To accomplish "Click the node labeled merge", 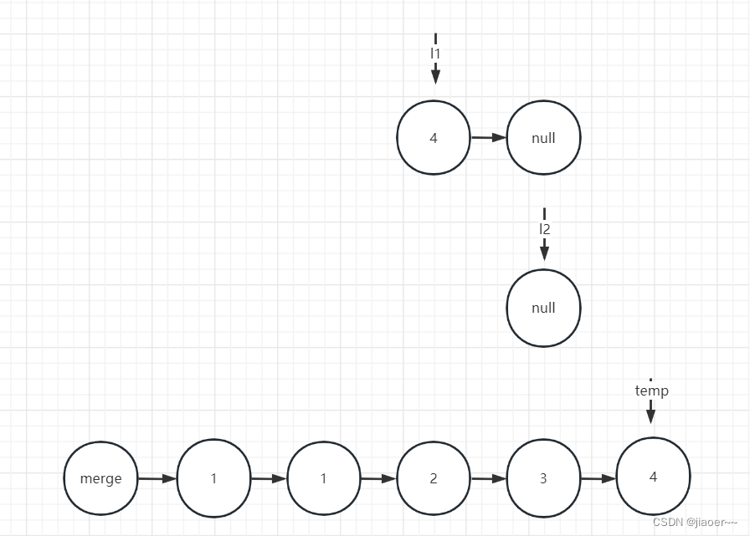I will point(101,478).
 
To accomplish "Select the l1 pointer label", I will point(435,53).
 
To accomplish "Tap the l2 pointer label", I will point(544,228).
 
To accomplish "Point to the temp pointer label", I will point(651,391).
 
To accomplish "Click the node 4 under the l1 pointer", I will point(434,138).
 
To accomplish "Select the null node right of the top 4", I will point(543,138).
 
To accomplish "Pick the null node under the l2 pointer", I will point(543,308).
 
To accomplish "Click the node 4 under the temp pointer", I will point(653,477).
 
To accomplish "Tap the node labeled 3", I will point(543,478).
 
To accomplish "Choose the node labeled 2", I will point(434,478).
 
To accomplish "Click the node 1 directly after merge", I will point(213,478).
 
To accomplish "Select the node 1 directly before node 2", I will point(323,478).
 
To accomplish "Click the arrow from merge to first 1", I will point(157,478).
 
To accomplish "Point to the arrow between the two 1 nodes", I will point(269,478).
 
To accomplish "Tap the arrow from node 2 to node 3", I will point(488,478).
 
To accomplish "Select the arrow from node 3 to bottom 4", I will point(598,478).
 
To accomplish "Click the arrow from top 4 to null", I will point(489,138).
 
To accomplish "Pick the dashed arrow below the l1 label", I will point(435,74).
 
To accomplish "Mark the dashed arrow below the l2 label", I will point(544,248).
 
